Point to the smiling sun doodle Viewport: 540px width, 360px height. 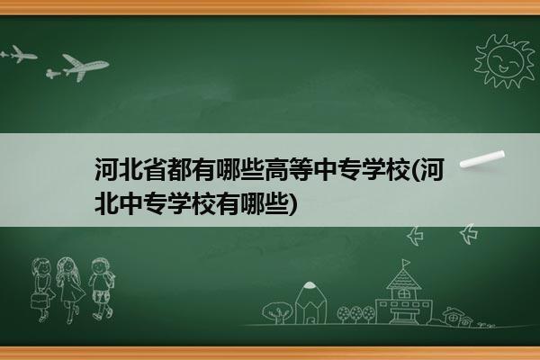click(x=504, y=62)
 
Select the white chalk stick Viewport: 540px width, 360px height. click(x=482, y=158)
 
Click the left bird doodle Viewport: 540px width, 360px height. click(x=415, y=236)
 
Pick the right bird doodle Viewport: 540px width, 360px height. click(x=469, y=234)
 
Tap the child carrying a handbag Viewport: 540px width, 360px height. click(x=42, y=290)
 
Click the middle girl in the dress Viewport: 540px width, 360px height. click(x=70, y=290)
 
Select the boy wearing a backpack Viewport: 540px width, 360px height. click(x=102, y=289)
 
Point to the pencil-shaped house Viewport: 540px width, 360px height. click(x=310, y=302)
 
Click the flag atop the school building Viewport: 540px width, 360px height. click(x=406, y=263)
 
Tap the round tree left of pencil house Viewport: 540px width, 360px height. click(x=277, y=311)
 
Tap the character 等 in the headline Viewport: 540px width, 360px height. click(x=301, y=170)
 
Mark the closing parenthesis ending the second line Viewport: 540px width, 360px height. click(x=292, y=203)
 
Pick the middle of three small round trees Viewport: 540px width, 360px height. click(x=356, y=314)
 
